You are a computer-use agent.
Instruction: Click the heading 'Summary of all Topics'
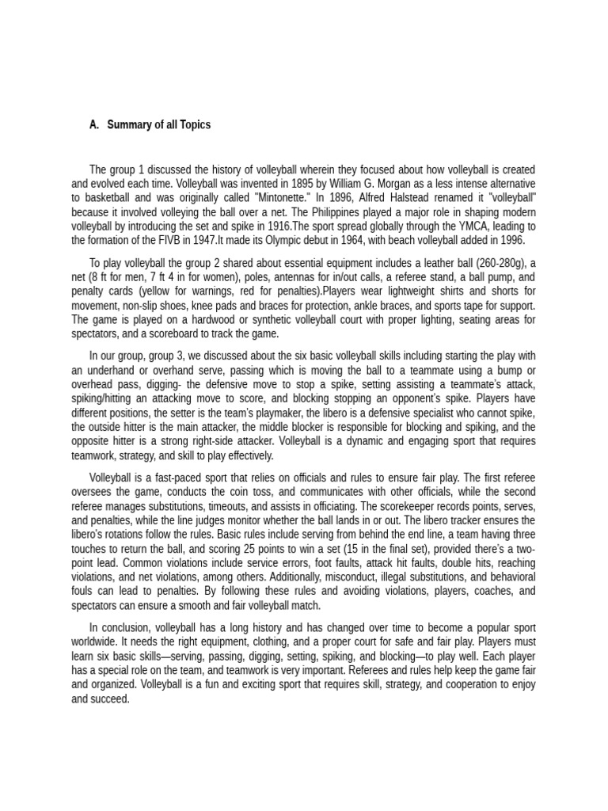pos(159,125)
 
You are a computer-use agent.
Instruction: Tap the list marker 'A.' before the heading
pos(94,125)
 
